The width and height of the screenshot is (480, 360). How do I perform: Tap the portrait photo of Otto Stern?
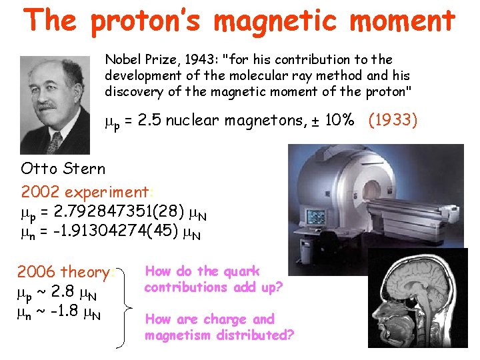55,105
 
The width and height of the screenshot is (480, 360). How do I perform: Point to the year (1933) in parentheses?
390,120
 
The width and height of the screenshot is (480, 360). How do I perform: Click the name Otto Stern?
63,167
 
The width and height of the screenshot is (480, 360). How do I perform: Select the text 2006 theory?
65,272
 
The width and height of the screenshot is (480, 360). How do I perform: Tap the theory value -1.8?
66,311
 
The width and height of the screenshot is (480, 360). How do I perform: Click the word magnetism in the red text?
177,335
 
